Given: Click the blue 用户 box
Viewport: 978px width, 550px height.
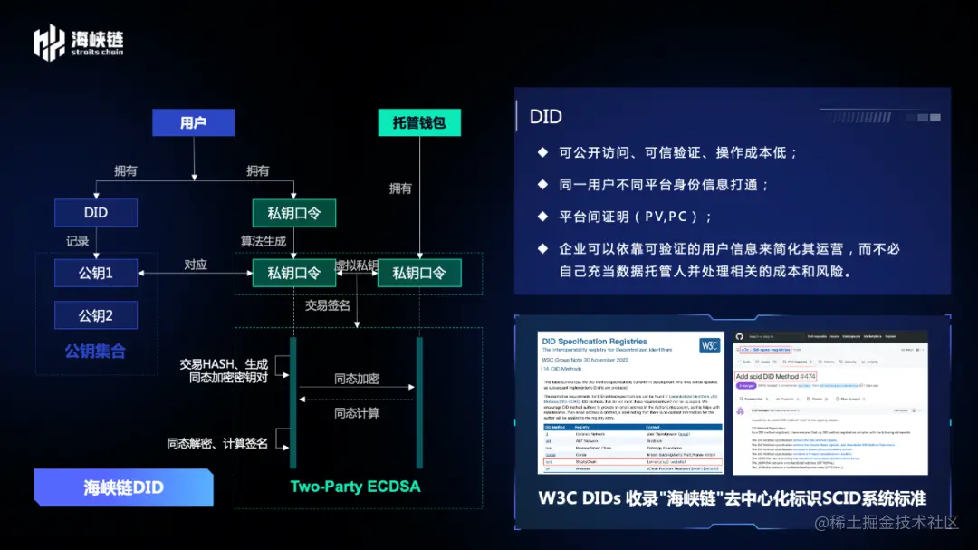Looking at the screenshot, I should [193, 123].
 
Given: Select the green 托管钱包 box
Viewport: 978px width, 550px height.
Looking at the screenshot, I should [419, 123].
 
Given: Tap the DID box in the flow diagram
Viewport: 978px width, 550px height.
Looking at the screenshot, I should [96, 212].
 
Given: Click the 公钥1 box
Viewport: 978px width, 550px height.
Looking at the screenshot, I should [96, 273].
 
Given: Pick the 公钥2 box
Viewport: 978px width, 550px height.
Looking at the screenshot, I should [96, 315].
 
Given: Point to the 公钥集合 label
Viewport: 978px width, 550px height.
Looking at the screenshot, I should [95, 351].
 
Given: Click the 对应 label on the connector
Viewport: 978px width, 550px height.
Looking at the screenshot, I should [196, 265].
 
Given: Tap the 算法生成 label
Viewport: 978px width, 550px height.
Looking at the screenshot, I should [263, 241].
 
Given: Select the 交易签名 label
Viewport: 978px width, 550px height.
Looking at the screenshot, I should [327, 305].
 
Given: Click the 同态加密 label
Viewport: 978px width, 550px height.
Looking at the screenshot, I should [356, 379].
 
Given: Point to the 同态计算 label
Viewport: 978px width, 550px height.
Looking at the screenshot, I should [356, 413].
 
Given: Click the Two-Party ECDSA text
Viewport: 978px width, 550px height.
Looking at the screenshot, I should [355, 487].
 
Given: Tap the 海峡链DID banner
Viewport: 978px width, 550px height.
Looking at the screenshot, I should [124, 487].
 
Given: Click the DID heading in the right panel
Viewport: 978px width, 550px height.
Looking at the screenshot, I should [546, 116].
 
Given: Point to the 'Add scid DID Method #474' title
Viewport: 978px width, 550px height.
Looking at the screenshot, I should [776, 376].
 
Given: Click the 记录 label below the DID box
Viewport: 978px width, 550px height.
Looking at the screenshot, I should [77, 241].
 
